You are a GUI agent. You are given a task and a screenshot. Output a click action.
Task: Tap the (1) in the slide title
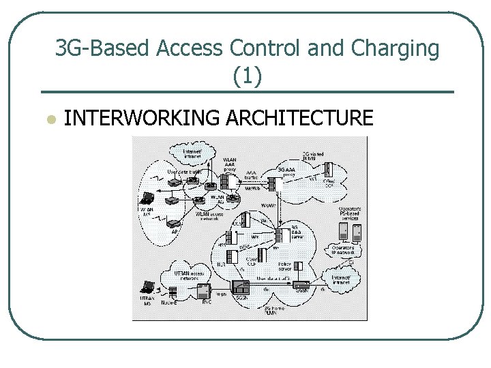(x=247, y=76)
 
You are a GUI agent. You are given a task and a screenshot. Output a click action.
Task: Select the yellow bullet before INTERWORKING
(x=48, y=119)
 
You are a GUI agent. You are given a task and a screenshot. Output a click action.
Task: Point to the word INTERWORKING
(x=142, y=119)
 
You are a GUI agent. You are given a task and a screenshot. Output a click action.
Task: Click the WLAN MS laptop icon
(x=147, y=200)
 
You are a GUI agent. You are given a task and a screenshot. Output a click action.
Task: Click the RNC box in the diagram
(x=203, y=291)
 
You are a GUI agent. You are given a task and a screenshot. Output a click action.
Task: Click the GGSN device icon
(x=301, y=286)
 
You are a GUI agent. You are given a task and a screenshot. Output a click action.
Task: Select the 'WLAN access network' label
(x=209, y=216)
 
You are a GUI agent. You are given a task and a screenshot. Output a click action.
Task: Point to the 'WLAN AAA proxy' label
(x=230, y=164)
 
